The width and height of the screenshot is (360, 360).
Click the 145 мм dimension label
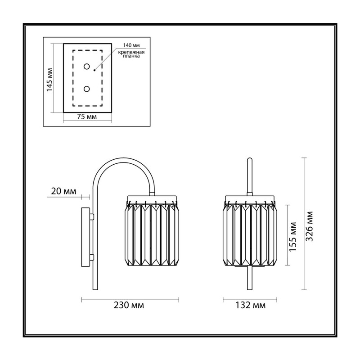point(49,80)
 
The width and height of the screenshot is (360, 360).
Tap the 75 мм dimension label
point(87,117)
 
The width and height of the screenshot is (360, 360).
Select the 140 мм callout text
point(131,45)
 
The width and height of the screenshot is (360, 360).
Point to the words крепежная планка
point(131,54)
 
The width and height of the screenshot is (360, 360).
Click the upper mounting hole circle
point(86,67)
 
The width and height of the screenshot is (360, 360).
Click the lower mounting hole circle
point(86,89)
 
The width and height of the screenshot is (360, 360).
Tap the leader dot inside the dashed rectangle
point(94,70)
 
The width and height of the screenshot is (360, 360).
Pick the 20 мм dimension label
point(63,191)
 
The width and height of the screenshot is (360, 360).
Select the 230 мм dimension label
point(129,306)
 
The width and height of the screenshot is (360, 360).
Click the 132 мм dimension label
point(251,306)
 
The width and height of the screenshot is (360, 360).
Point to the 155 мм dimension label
point(293,237)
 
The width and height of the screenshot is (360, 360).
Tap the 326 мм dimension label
point(310,226)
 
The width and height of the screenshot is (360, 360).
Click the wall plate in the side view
point(86,237)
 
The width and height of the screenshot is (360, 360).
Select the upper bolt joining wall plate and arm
point(92,217)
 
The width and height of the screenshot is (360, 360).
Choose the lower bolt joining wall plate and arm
point(92,257)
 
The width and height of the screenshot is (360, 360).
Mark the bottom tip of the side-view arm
point(94,289)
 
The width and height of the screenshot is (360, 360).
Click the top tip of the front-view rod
point(250,158)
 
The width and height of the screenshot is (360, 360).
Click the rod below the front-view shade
point(250,278)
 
